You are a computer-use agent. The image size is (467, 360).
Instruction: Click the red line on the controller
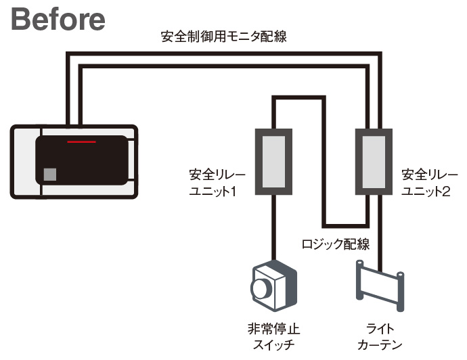point(81,143)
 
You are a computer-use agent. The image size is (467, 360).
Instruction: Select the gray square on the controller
point(49,174)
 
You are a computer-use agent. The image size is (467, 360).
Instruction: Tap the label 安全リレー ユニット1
point(217,183)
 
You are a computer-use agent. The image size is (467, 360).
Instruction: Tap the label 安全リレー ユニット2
point(425,183)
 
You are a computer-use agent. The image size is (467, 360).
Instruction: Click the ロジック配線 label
point(335,242)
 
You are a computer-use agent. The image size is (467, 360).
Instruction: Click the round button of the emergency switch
point(261,289)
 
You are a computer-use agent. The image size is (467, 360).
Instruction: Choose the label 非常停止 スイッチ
point(273,336)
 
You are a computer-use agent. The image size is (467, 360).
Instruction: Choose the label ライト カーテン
point(382,336)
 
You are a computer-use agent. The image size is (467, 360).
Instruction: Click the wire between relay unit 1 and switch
point(273,227)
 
